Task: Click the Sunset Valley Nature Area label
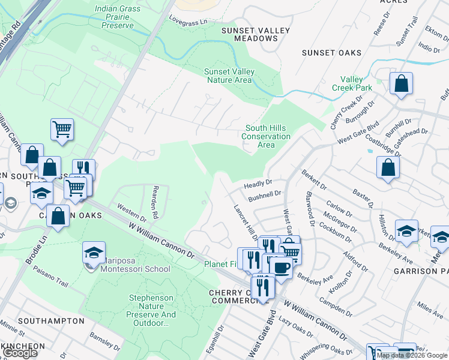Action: [x=229, y=76]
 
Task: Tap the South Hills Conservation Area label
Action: [x=267, y=136]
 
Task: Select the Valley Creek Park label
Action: [x=357, y=83]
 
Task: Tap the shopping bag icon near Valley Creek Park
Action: [x=401, y=84]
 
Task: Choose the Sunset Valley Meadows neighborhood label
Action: [x=255, y=34]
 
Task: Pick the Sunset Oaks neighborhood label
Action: [x=332, y=53]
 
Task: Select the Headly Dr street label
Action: [x=259, y=184]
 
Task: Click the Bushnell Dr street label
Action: [x=265, y=196]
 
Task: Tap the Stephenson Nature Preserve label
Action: [x=152, y=310]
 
